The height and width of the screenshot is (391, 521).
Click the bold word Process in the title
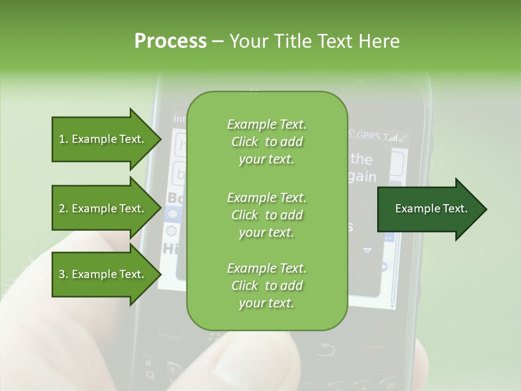[x=170, y=41]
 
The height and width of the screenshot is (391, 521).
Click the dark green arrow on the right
[x=431, y=209]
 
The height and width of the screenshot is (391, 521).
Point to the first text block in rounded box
[x=266, y=142]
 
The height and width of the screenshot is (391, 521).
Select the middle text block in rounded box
[x=266, y=215]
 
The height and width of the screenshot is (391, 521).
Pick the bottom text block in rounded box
[x=266, y=286]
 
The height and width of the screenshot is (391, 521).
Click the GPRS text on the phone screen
[x=368, y=136]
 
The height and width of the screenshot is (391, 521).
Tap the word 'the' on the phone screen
[x=361, y=159]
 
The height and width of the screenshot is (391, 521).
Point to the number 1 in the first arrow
[x=62, y=139]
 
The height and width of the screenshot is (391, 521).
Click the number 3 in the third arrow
[x=62, y=274]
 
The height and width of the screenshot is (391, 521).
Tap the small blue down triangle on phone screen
[x=367, y=250]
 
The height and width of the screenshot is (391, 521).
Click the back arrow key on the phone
[x=326, y=349]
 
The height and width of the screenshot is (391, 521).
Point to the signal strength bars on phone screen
[x=392, y=137]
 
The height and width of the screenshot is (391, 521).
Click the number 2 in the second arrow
[x=62, y=209]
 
